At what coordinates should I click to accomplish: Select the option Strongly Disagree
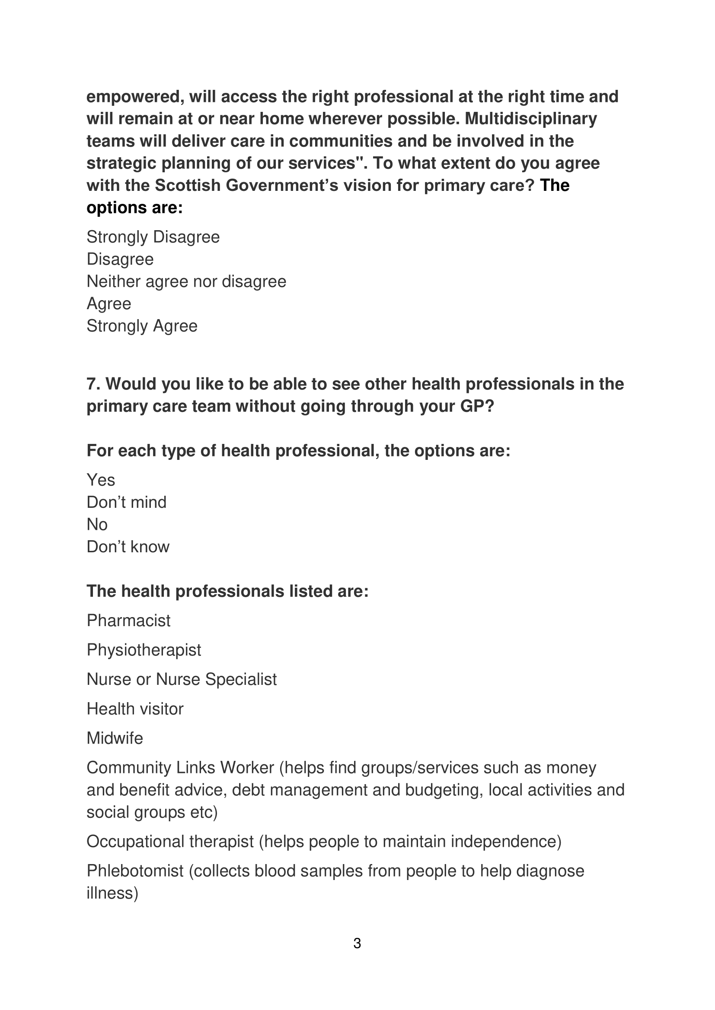[x=153, y=237]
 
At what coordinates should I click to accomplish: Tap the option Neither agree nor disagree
[x=186, y=282]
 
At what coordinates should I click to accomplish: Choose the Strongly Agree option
[x=142, y=326]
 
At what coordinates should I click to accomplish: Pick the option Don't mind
[x=126, y=502]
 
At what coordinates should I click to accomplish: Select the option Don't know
[x=128, y=547]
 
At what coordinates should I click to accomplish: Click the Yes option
[x=101, y=480]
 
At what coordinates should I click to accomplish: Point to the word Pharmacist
[x=128, y=621]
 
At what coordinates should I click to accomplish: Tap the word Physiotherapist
[x=144, y=650]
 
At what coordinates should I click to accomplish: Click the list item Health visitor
[x=135, y=709]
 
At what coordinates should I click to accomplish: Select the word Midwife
[x=115, y=738]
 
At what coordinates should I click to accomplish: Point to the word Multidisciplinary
[x=531, y=119]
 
